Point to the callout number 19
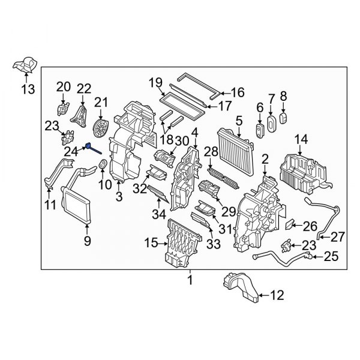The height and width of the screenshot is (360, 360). pos(155,82)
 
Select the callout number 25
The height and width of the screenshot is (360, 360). pos(331,257)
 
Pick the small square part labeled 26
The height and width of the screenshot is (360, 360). pos(289,226)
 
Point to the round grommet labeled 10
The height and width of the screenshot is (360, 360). pos(103,164)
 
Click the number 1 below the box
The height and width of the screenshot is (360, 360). pos(190,280)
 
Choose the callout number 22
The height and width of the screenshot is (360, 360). pos(83,89)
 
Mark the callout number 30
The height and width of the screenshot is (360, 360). pos(181,140)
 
